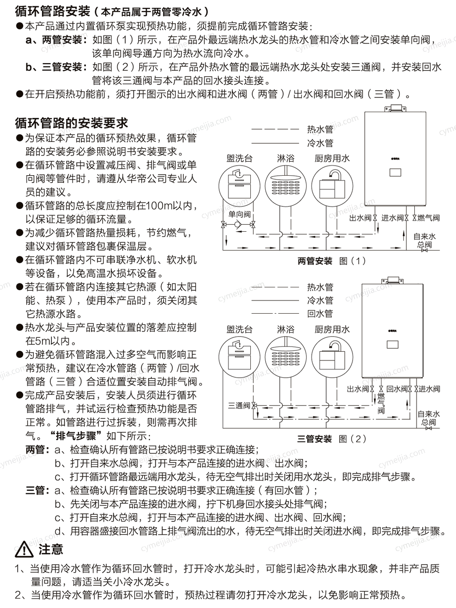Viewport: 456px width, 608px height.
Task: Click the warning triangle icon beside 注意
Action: click(24, 549)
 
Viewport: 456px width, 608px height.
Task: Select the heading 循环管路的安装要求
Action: click(71, 123)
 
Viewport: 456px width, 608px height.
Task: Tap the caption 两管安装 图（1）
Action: click(331, 261)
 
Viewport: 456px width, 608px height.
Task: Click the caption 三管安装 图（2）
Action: click(331, 439)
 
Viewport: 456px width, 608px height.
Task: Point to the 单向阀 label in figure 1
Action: click(239, 214)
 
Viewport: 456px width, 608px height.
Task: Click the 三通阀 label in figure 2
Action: click(239, 406)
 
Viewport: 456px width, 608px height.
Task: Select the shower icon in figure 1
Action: click(286, 186)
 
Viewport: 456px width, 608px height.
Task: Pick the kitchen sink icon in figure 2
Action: click(332, 357)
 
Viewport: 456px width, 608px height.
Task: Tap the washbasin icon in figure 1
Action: click(239, 186)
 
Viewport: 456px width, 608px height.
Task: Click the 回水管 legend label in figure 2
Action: click(320, 314)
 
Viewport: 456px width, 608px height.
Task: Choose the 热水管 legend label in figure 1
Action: click(320, 129)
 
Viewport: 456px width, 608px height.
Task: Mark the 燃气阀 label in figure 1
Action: click(428, 218)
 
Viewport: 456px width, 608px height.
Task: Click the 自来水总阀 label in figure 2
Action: click(428, 418)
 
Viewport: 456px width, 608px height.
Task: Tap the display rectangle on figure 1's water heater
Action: click(395, 172)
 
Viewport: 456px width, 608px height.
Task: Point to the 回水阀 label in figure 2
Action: click(398, 389)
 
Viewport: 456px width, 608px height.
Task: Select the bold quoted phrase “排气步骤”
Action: click(77, 436)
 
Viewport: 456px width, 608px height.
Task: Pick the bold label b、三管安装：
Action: click(57, 67)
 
